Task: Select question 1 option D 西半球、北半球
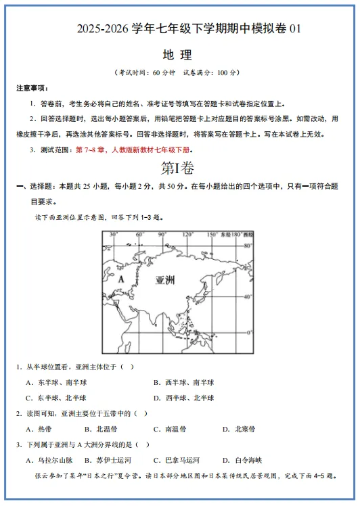(x=183, y=398)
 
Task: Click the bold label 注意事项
(x=32, y=89)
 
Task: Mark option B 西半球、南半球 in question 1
(x=183, y=383)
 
